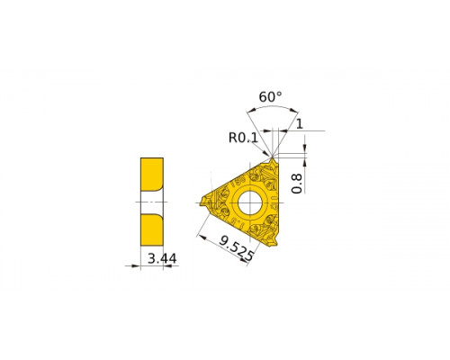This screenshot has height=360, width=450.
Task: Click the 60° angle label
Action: coord(270,97)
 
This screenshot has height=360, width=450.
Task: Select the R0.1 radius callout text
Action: coord(243,138)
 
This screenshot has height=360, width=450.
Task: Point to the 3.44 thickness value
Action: coord(162,258)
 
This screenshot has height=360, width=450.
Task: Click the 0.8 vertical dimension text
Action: coord(297,184)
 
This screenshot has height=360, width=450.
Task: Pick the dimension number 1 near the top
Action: coord(300,123)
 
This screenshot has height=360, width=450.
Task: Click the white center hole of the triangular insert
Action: coord(249,202)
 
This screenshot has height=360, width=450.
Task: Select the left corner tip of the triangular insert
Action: coord(202,202)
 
